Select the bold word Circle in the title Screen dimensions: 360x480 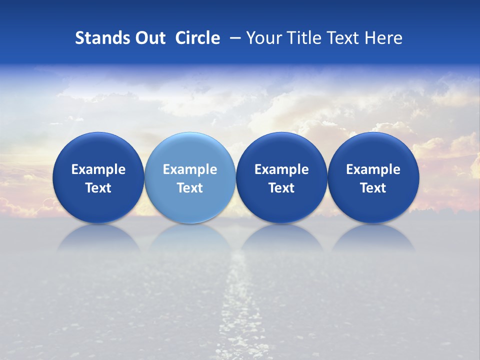[197, 38]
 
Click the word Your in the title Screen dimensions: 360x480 [262, 38]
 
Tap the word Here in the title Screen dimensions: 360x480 [383, 38]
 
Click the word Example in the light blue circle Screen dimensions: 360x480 [190, 169]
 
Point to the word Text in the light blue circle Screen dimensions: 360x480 [190, 188]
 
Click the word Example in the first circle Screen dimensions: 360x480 [98, 169]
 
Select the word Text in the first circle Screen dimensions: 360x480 [98, 188]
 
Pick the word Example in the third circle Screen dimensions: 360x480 [281, 169]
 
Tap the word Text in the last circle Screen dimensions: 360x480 [373, 188]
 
